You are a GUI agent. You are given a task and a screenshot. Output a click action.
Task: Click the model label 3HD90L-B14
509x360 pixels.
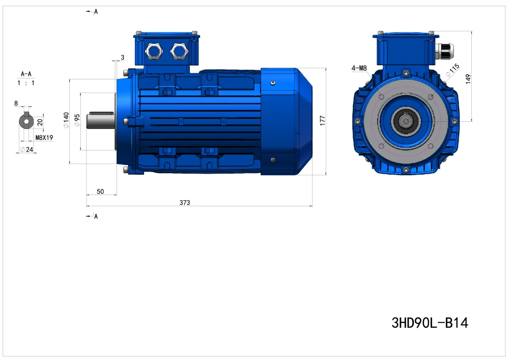[430, 323]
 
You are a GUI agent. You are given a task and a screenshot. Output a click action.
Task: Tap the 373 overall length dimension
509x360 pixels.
[185, 203]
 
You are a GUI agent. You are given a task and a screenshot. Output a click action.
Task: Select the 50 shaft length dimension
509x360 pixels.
[100, 191]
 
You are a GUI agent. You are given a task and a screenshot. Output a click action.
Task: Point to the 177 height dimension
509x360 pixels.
[322, 121]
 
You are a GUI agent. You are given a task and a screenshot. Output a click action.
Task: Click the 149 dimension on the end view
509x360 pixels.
[468, 79]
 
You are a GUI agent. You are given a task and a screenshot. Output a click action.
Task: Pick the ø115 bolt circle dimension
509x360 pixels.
[453, 70]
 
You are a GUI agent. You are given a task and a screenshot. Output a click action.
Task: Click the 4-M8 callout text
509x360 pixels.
[359, 68]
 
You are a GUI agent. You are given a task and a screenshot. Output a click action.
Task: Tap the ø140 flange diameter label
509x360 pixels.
[66, 120]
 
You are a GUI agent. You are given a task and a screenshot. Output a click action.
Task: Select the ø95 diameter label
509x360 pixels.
[77, 120]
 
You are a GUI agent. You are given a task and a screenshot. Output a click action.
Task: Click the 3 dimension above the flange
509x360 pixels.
[122, 58]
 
